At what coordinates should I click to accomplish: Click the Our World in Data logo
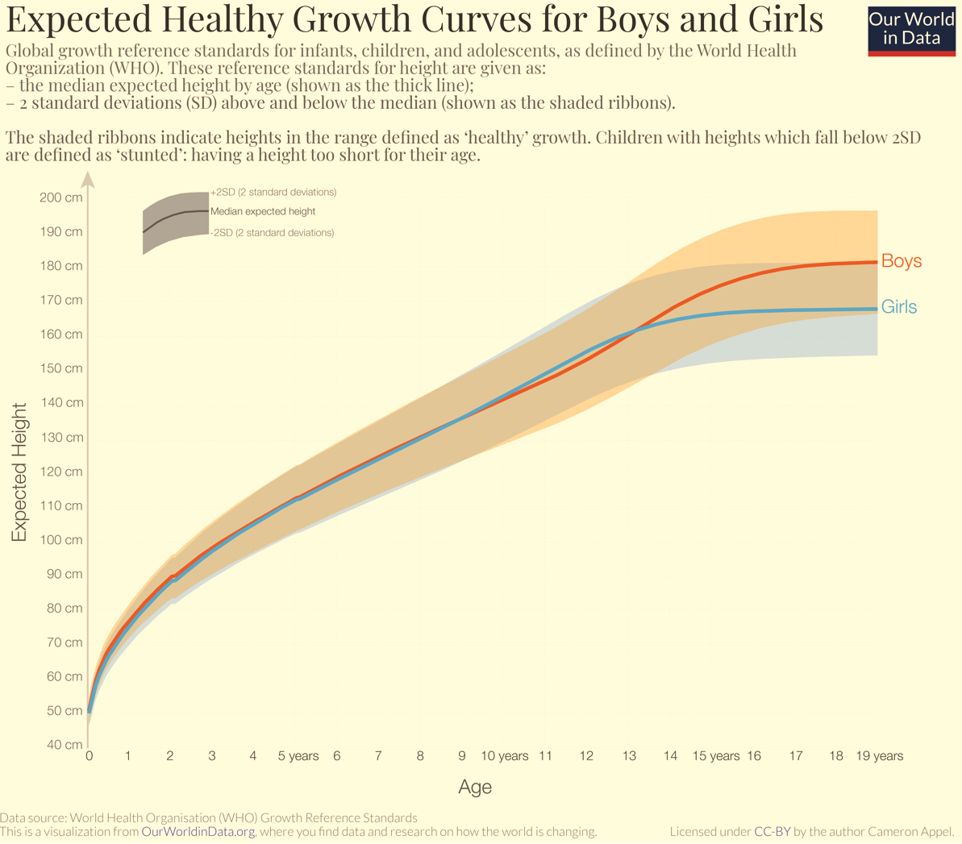click(912, 31)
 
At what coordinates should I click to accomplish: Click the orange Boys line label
click(902, 260)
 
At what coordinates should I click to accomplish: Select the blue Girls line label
click(899, 306)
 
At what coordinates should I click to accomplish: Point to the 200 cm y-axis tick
click(60, 197)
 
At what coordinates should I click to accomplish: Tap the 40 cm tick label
click(64, 745)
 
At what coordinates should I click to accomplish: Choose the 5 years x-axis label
click(298, 756)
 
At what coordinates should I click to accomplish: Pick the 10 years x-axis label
click(504, 756)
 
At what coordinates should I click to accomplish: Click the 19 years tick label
click(879, 756)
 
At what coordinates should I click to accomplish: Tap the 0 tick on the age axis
click(90, 756)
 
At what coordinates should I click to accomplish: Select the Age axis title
click(475, 788)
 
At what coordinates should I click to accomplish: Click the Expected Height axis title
click(19, 472)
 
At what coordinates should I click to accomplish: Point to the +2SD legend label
click(273, 192)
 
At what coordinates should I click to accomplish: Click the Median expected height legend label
click(263, 212)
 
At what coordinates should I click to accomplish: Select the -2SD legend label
click(273, 233)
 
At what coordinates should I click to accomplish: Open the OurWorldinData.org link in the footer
click(198, 832)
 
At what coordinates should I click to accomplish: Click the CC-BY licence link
click(773, 832)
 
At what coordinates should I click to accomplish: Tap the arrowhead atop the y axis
click(89, 178)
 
